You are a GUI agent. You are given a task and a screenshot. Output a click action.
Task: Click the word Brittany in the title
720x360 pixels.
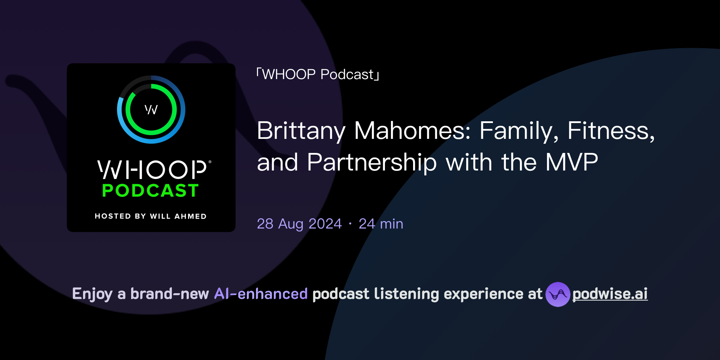tap(301, 131)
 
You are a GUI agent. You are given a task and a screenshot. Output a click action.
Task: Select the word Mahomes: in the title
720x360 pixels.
tap(412, 131)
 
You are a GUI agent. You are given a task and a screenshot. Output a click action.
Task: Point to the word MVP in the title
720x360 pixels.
tap(571, 162)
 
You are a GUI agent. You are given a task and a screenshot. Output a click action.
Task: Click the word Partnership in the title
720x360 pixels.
tap(372, 162)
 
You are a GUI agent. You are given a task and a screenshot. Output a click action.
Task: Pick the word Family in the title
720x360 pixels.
tap(519, 131)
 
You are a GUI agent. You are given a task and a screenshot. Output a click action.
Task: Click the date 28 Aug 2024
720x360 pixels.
tap(299, 224)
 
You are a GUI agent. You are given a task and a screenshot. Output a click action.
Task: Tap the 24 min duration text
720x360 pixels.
tap(381, 224)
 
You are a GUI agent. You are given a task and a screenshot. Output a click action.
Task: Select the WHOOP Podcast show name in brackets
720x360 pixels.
tap(318, 75)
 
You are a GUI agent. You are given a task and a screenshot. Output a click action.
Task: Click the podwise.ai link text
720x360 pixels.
tap(610, 294)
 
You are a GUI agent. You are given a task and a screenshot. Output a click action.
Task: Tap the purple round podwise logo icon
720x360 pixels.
tap(558, 294)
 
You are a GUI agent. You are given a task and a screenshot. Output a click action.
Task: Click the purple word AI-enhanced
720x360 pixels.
tap(261, 294)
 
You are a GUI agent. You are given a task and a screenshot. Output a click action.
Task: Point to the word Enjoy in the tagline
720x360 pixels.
tap(92, 294)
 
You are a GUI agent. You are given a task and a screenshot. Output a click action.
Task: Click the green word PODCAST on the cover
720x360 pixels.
tap(150, 191)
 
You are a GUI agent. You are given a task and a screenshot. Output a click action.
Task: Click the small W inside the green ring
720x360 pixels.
tap(151, 110)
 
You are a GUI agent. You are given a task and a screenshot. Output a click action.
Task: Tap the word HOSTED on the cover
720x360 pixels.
tap(113, 216)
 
